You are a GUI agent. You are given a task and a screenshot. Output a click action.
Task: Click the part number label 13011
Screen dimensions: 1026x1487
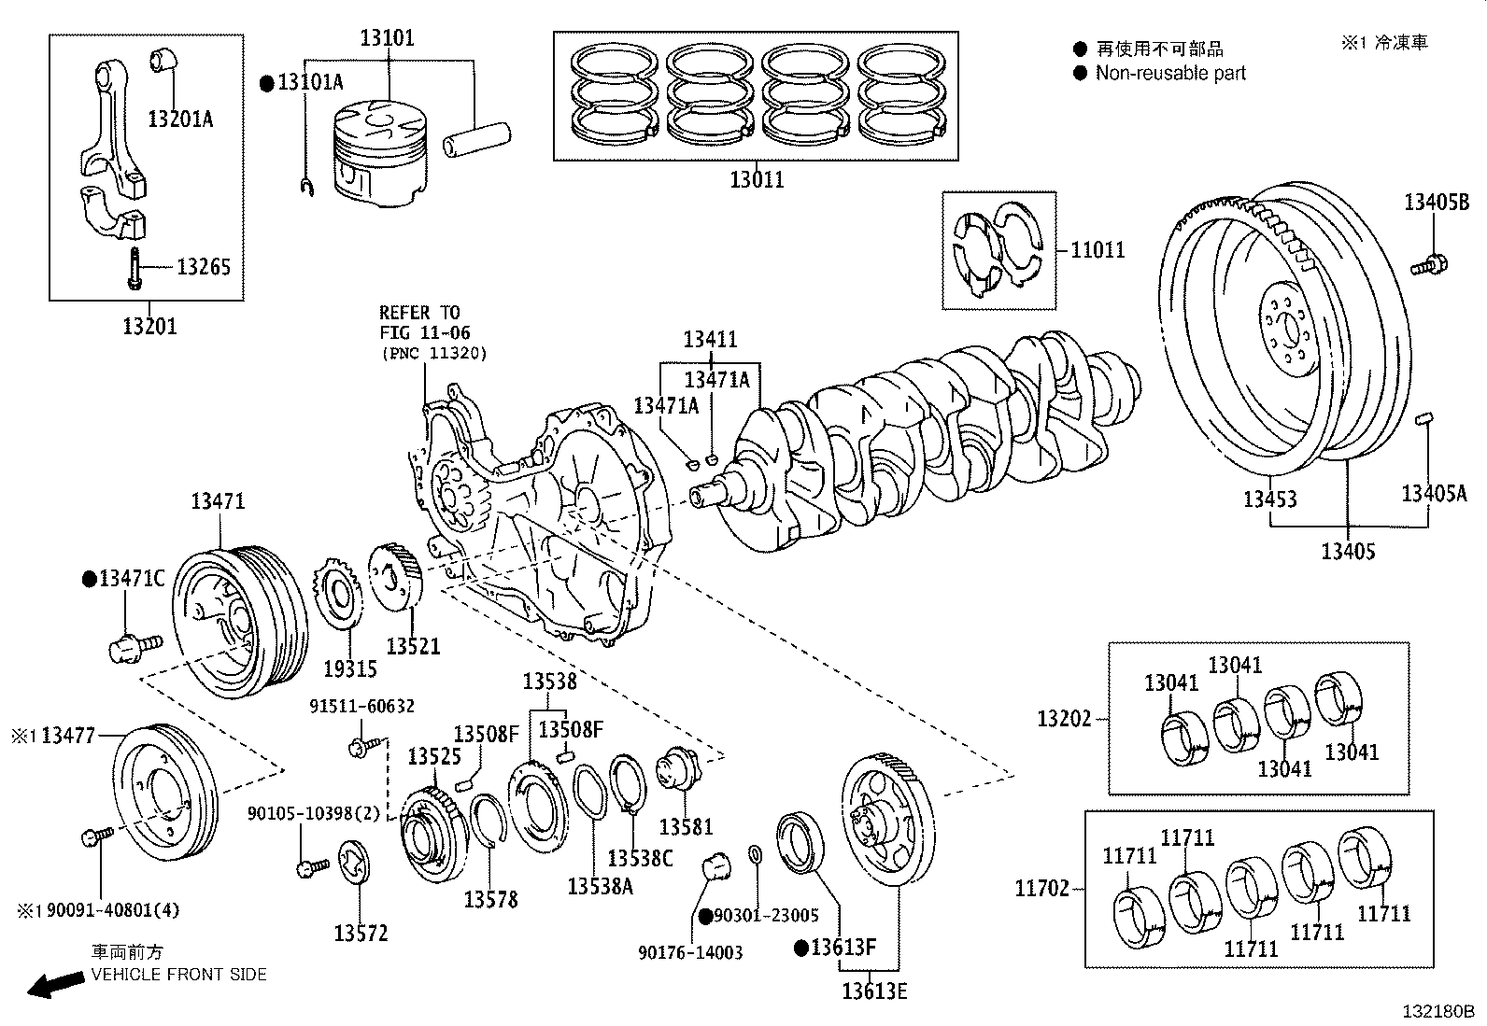point(757,179)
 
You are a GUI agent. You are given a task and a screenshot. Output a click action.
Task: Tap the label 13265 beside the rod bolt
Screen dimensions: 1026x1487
point(203,268)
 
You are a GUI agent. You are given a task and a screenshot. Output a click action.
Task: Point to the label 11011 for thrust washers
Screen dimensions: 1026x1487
point(1098,250)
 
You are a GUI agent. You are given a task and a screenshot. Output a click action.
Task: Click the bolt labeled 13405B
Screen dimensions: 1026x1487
point(1430,264)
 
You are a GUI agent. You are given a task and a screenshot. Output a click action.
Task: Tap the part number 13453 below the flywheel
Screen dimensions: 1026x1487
point(1269,499)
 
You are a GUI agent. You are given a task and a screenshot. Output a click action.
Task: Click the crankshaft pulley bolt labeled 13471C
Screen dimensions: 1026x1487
point(135,644)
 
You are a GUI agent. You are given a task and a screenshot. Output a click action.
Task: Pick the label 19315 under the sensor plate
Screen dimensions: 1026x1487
point(350,668)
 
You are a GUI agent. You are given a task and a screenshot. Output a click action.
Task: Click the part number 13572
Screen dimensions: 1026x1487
point(361,934)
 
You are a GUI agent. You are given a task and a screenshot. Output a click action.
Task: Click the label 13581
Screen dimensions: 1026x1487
point(686,826)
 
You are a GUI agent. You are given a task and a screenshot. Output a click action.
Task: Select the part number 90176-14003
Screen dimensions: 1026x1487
point(690,953)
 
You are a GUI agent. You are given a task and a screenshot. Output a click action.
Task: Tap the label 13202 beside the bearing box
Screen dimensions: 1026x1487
point(1064,719)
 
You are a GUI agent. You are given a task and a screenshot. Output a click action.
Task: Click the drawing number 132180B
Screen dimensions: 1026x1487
point(1436,1011)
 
